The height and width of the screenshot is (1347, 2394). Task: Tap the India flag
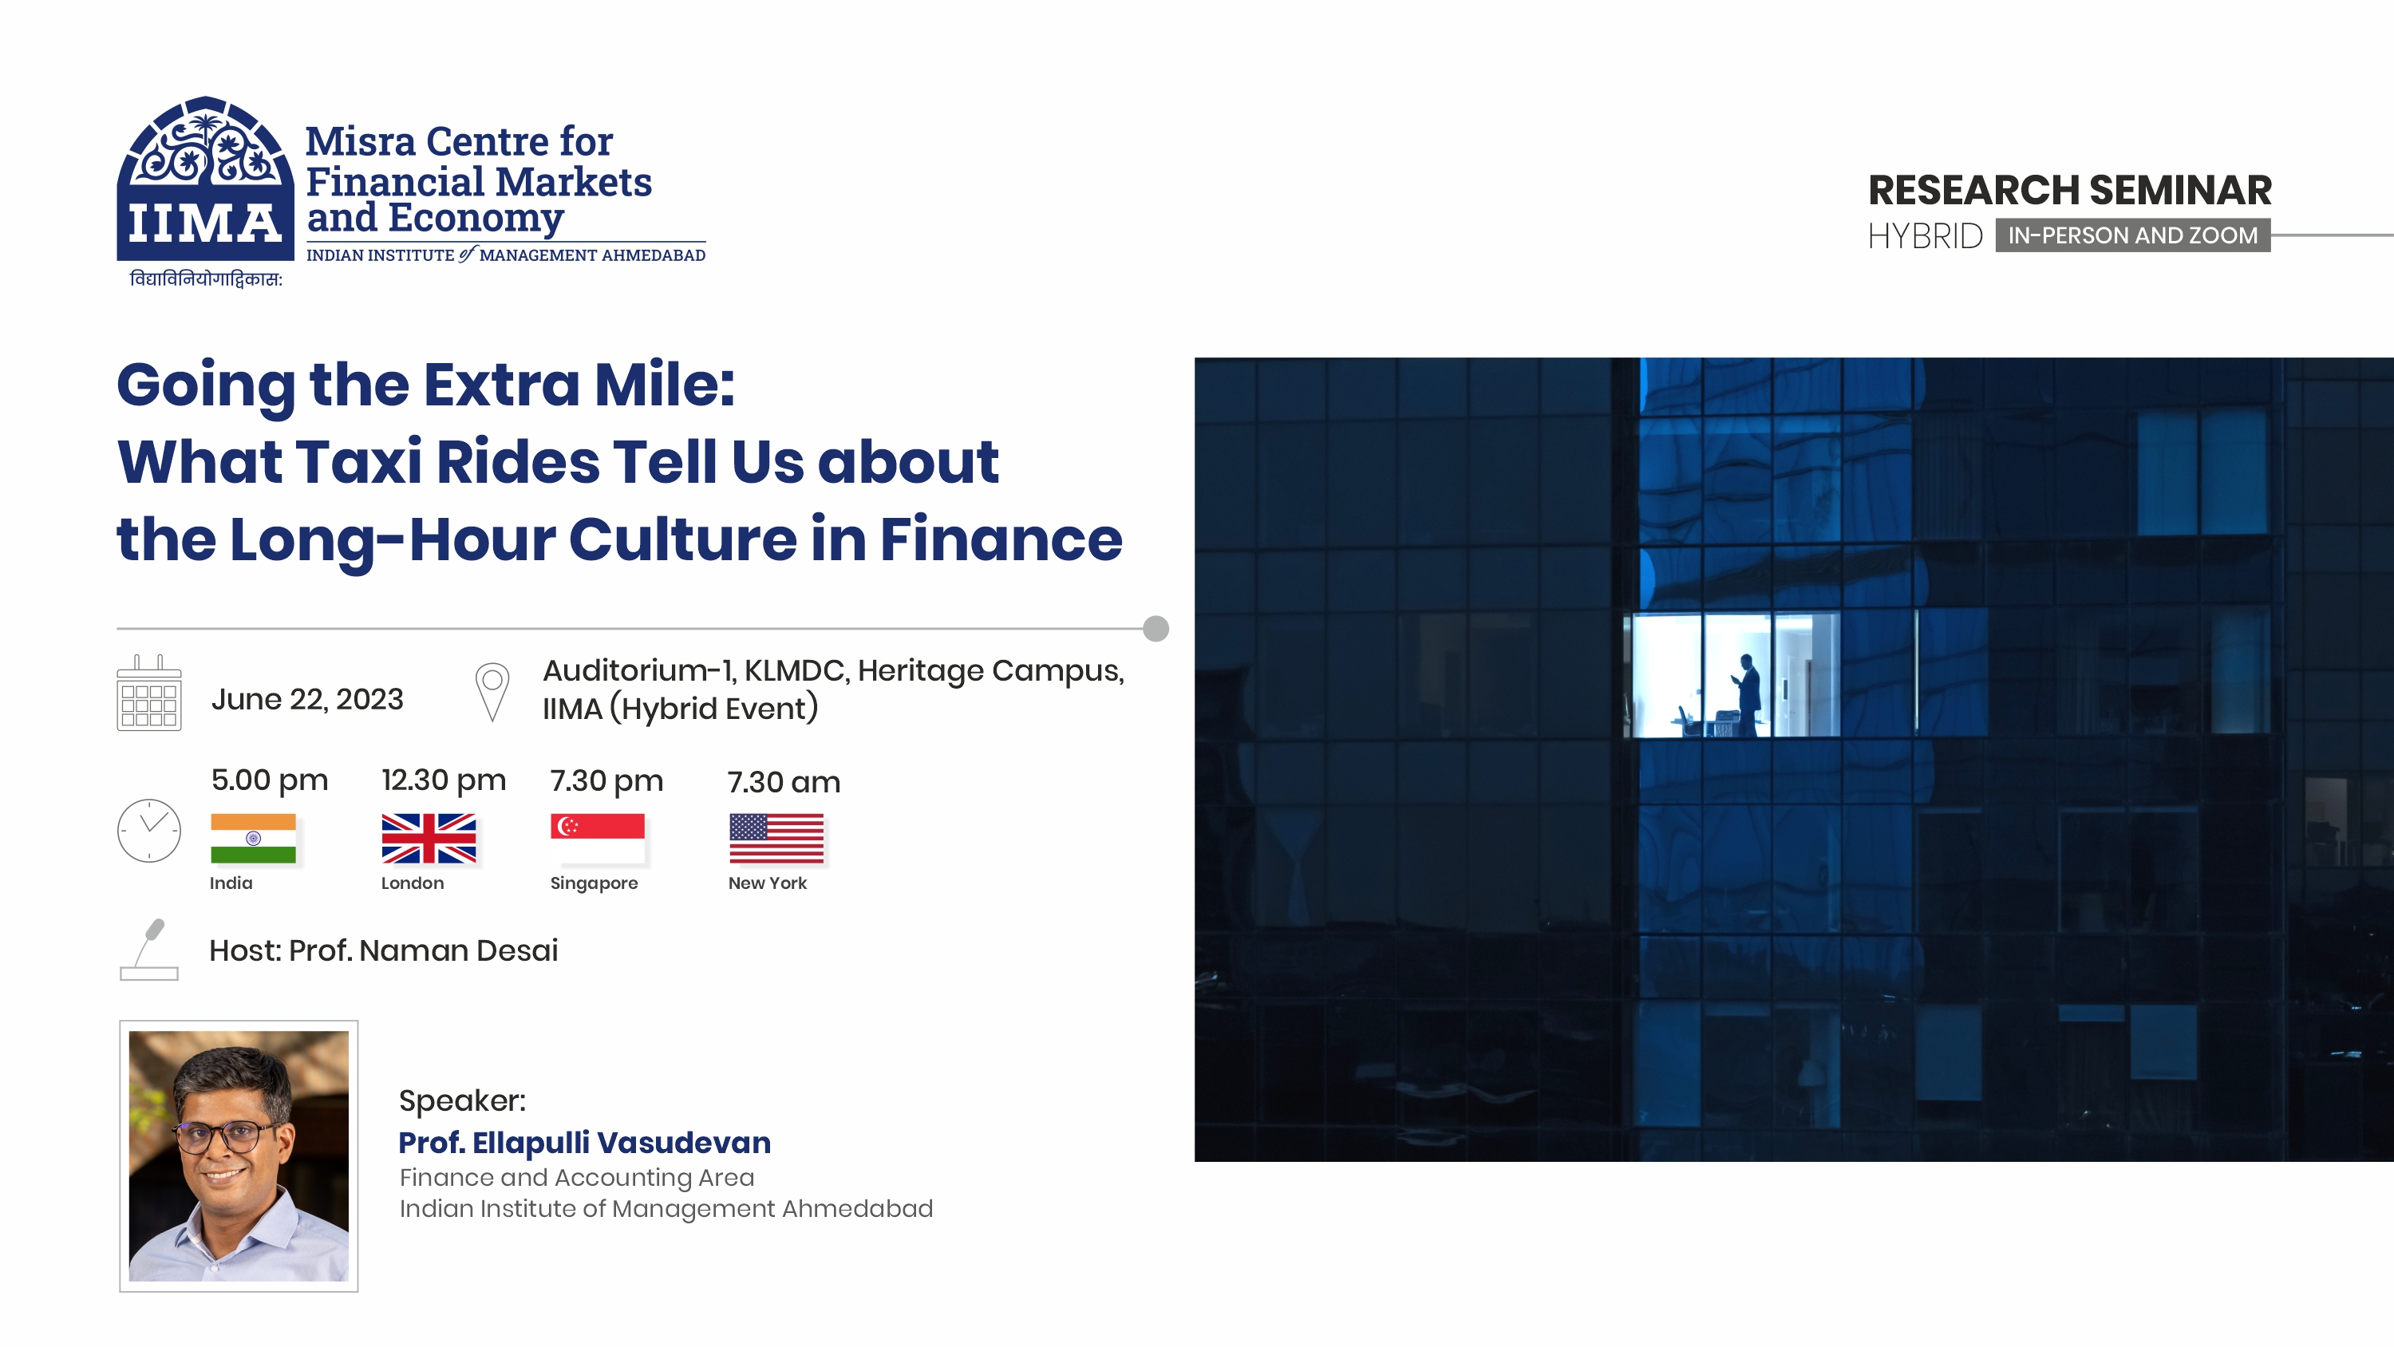pyautogui.click(x=253, y=838)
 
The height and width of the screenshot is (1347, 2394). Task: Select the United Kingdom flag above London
pyautogui.click(x=429, y=838)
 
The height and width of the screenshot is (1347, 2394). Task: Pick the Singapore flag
pyautogui.click(x=597, y=838)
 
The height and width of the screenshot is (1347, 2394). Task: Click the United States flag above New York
pyautogui.click(x=776, y=838)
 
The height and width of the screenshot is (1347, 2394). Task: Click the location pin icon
pyautogui.click(x=492, y=691)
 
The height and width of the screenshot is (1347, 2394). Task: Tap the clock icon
pyautogui.click(x=148, y=830)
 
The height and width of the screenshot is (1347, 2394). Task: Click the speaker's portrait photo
pyautogui.click(x=239, y=1155)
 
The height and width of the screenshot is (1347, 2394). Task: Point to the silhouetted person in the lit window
pyautogui.click(x=1749, y=693)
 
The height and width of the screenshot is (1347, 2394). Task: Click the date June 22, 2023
pyautogui.click(x=306, y=699)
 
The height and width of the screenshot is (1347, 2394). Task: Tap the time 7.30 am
pyautogui.click(x=784, y=782)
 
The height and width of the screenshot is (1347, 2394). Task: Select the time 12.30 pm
pyautogui.click(x=444, y=780)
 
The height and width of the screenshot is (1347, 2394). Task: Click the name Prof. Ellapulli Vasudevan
pyautogui.click(x=585, y=1142)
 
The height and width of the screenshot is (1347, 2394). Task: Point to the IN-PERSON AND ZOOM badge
pyautogui.click(x=2132, y=235)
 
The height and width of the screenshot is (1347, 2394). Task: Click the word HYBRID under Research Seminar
pyautogui.click(x=1925, y=236)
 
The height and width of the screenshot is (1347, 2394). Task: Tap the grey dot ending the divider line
pyautogui.click(x=1156, y=629)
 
